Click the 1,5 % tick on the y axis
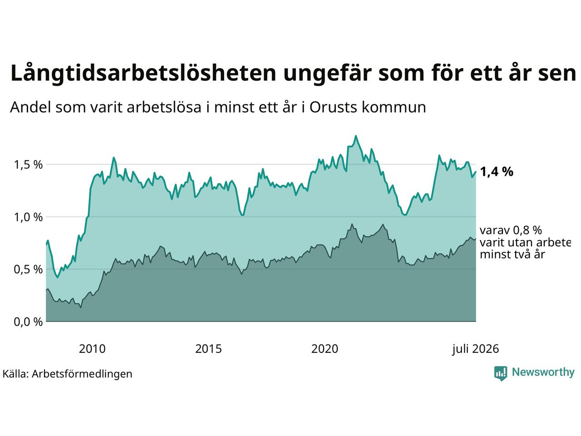(x=28, y=165)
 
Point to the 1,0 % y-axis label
(x=28, y=217)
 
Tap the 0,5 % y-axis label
(x=28, y=269)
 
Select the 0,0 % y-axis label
(x=28, y=322)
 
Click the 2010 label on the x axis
(x=92, y=349)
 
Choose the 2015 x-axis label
(x=208, y=349)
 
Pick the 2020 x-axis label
(x=325, y=349)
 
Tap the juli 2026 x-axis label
(x=475, y=349)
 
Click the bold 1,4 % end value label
(x=497, y=172)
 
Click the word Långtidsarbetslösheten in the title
(x=143, y=73)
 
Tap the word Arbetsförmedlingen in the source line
(x=82, y=374)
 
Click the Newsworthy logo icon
(x=501, y=373)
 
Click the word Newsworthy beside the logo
(x=543, y=372)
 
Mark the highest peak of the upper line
(x=356, y=136)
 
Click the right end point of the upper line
(x=476, y=172)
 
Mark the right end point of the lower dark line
(x=476, y=239)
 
